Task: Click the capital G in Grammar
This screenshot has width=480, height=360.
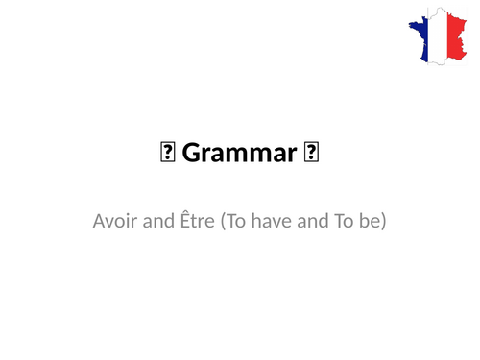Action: pos(188,152)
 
